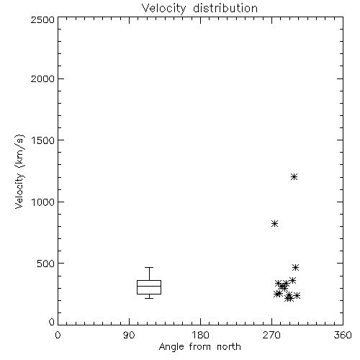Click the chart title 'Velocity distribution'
(199, 8)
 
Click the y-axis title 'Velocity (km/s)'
(19, 171)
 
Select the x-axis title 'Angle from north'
(199, 346)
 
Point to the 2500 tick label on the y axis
(42, 19)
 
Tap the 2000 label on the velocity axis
(42, 78)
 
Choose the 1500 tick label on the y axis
(43, 140)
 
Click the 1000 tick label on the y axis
(43, 202)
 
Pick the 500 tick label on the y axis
(46, 264)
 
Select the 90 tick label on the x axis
(129, 335)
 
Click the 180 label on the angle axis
(200, 335)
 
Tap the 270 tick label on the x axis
(271, 335)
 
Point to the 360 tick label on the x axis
(343, 335)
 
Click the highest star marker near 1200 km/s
(294, 177)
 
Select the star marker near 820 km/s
(274, 224)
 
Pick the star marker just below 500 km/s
(295, 267)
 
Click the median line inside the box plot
(149, 286)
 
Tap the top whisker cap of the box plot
(149, 267)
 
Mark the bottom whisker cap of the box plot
(149, 298)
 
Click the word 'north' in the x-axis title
(229, 346)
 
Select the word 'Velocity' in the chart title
(163, 9)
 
